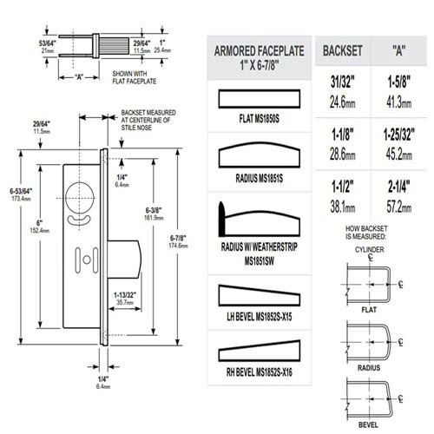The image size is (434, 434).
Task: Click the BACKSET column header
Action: pos(344,51)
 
